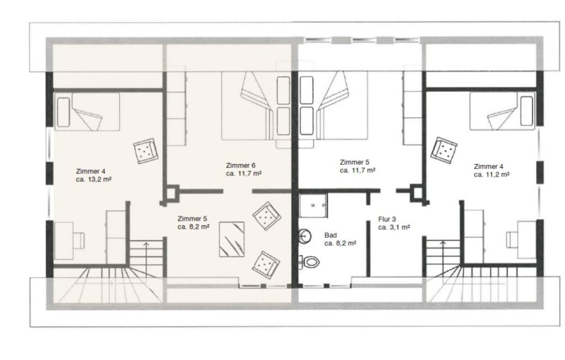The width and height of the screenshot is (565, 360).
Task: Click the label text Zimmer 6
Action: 240,166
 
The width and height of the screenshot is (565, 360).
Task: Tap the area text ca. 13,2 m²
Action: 94,179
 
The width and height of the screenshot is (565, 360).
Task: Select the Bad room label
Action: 330,236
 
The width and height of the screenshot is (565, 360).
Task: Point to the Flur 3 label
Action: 387,219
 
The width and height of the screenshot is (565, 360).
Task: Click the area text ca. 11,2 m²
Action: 492,175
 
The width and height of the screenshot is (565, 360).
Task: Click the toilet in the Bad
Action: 310,261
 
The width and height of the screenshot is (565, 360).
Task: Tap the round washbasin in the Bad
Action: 305,236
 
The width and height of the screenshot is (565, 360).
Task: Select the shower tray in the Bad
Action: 313,205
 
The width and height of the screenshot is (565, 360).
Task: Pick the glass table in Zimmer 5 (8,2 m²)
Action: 232,239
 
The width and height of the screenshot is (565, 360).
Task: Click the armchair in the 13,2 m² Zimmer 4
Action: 146,151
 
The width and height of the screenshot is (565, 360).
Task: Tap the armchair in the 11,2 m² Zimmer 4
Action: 444,150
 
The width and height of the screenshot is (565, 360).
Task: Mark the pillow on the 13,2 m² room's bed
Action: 63,112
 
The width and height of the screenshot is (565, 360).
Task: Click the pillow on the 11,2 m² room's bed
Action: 527,111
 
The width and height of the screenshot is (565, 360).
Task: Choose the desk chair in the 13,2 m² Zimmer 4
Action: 78,241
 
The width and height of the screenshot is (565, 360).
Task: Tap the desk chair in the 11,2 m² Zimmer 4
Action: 512,239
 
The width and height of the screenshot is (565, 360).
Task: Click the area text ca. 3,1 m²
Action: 394,227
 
